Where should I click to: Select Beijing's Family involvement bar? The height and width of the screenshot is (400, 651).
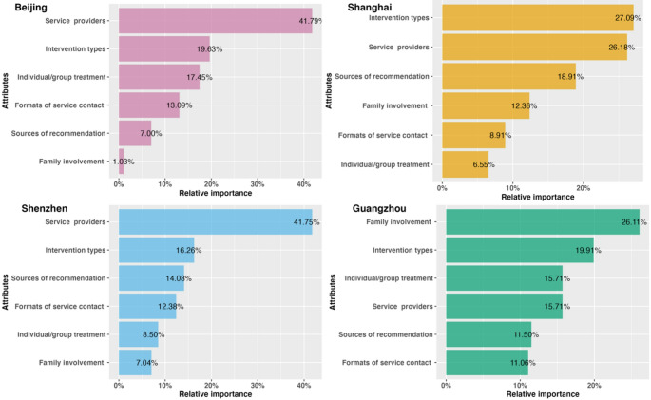tap(121, 161)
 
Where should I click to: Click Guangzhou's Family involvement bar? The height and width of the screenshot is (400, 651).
tap(542, 222)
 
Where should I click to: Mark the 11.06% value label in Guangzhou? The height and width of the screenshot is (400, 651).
tap(514, 362)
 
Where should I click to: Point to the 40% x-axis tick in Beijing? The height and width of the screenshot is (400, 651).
tap(304, 183)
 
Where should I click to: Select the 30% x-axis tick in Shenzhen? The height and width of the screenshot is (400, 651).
tap(258, 384)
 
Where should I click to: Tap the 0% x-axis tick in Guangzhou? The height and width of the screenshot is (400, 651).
tap(447, 384)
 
